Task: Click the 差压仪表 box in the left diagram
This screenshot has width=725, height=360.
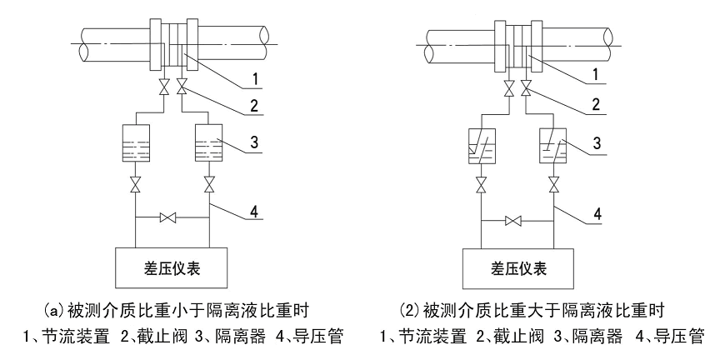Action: [172, 268]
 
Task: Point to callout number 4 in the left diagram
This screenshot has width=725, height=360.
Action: [258, 212]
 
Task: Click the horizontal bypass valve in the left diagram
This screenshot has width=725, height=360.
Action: [171, 218]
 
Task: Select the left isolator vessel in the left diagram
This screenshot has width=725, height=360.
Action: [135, 143]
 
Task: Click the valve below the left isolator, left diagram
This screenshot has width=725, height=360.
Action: [135, 184]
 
